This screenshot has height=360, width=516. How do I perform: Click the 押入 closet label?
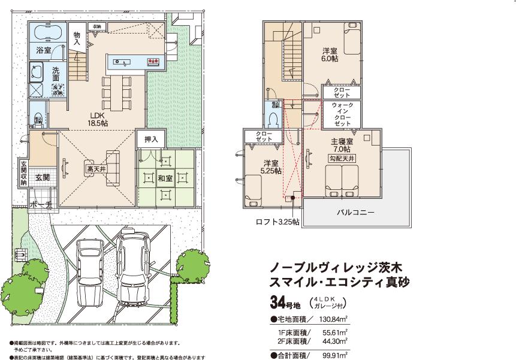tap(151, 140)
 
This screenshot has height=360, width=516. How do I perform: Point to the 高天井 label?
tap(93, 170)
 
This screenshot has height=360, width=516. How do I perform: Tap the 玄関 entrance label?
tap(42, 177)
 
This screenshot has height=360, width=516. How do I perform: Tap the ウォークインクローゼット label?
tap(343, 114)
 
